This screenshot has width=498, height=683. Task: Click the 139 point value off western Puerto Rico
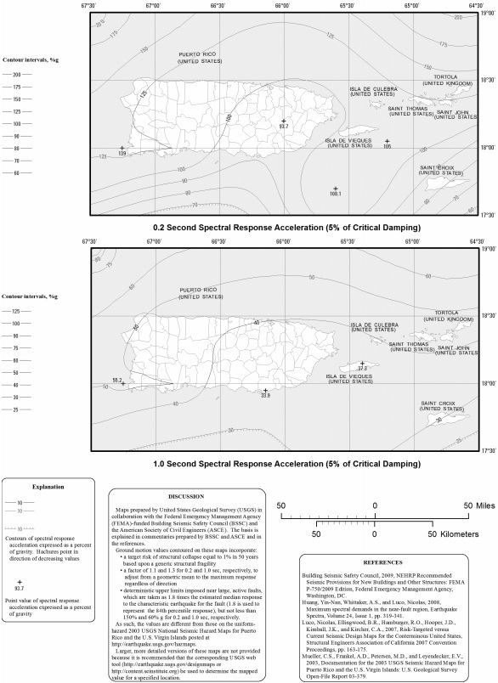point(122,153)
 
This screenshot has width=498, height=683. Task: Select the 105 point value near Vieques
point(388,146)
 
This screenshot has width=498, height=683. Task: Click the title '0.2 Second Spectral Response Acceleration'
point(275,229)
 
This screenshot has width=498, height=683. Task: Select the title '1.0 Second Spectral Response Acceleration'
point(275,463)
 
